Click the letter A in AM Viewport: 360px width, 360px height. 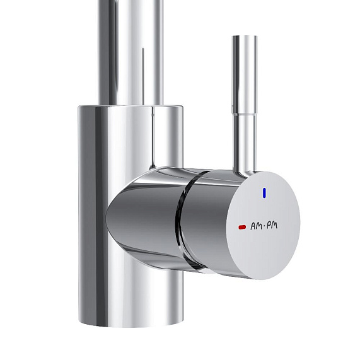pos(253,224)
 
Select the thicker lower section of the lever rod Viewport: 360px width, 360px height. pos(245,142)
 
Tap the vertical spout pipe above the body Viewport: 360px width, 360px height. pos(129,50)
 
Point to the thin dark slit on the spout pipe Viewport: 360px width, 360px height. pos(144,69)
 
